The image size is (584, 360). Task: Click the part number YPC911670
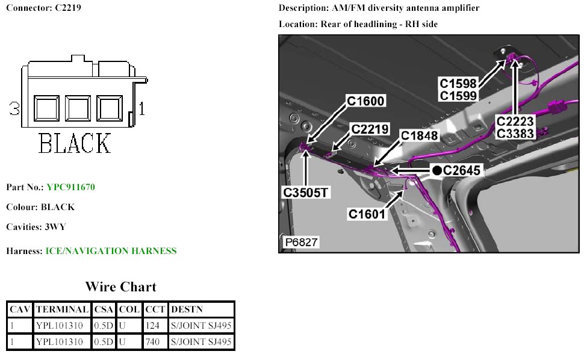pyautogui.click(x=70, y=187)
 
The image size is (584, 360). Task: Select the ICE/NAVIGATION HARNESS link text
pyautogui.click(x=111, y=251)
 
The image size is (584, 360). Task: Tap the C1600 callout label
pyautogui.click(x=365, y=102)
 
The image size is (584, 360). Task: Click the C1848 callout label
pyautogui.click(x=420, y=136)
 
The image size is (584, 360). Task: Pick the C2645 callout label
pyautogui.click(x=461, y=171)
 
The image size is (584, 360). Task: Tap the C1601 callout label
pyautogui.click(x=367, y=213)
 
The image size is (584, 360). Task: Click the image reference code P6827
pyautogui.click(x=300, y=242)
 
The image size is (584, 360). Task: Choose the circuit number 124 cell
pyautogui.click(x=151, y=326)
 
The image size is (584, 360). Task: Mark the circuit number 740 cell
pyautogui.click(x=151, y=343)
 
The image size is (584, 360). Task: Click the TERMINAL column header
pyautogui.click(x=62, y=309)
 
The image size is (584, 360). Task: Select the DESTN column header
pyautogui.click(x=187, y=309)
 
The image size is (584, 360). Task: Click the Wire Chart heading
pyautogui.click(x=120, y=287)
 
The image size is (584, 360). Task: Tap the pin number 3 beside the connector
pyautogui.click(x=15, y=109)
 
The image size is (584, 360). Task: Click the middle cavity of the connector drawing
pyautogui.click(x=77, y=109)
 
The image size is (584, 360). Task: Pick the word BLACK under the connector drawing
pyautogui.click(x=75, y=143)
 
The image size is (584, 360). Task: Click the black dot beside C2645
pyautogui.click(x=437, y=171)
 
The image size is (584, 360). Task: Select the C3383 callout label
pyautogui.click(x=515, y=134)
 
